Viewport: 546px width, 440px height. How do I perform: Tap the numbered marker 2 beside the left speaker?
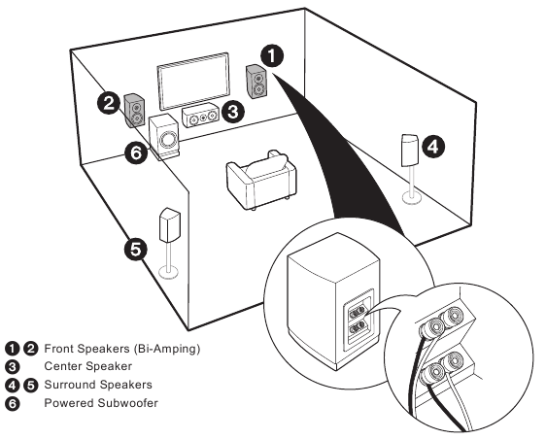click(x=109, y=102)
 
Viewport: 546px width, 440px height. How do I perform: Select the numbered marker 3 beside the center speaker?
click(x=232, y=112)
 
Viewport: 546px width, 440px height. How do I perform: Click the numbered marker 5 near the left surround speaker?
click(x=137, y=250)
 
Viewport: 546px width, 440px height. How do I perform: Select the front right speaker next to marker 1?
click(x=257, y=83)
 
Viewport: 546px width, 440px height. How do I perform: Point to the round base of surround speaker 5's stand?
click(x=172, y=273)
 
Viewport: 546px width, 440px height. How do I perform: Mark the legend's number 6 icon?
click(x=13, y=403)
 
